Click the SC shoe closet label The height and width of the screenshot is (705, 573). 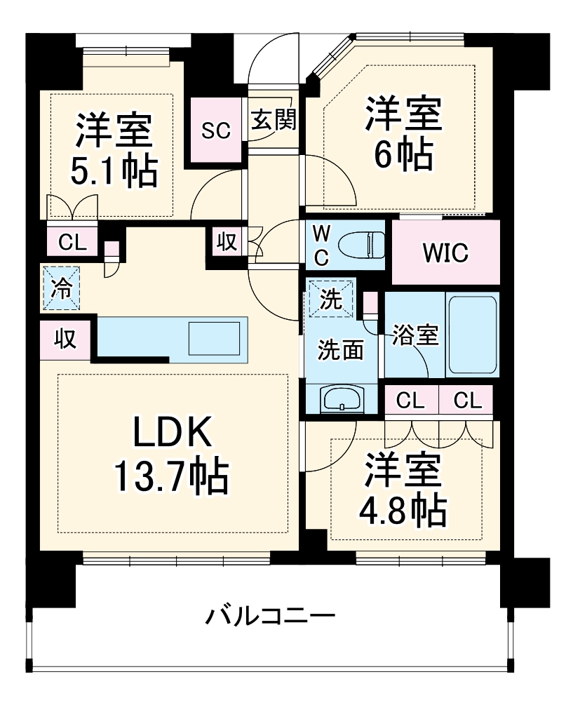217,131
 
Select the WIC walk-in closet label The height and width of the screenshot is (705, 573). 445,253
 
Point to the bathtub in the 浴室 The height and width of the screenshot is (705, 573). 472,335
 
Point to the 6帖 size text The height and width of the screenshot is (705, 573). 403,156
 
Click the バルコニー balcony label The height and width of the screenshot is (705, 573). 270,617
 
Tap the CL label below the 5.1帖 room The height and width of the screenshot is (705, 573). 72,243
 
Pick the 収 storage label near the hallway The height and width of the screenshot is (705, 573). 225,243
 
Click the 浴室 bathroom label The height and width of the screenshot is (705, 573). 415,335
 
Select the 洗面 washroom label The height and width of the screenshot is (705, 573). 341,349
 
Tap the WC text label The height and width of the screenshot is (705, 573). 321,244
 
